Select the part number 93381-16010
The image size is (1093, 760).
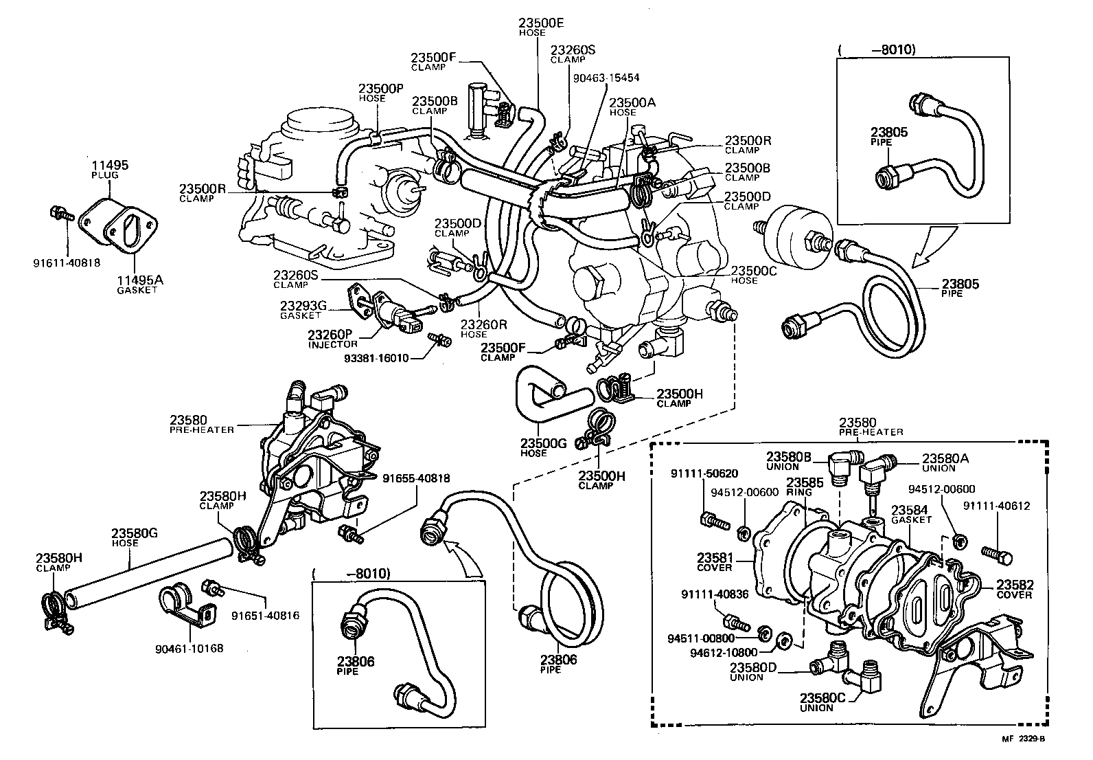click(x=377, y=357)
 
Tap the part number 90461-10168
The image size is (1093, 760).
click(x=190, y=647)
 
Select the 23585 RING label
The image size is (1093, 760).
click(x=799, y=486)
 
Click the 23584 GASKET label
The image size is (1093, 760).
click(x=911, y=514)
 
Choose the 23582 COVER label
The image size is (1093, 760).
click(x=1014, y=589)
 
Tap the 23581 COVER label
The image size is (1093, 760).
click(x=715, y=561)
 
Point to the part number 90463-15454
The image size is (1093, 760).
click(x=606, y=78)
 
